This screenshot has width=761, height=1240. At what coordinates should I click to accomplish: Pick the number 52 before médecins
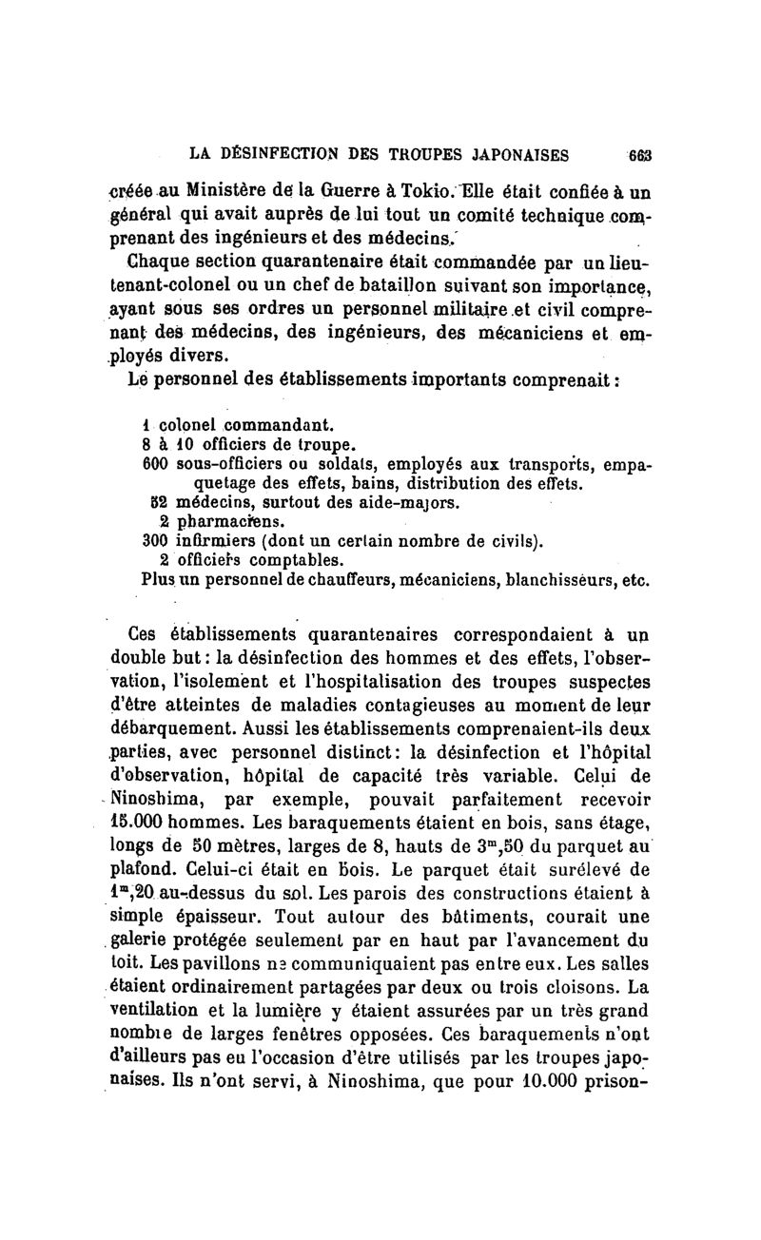coord(159,503)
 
